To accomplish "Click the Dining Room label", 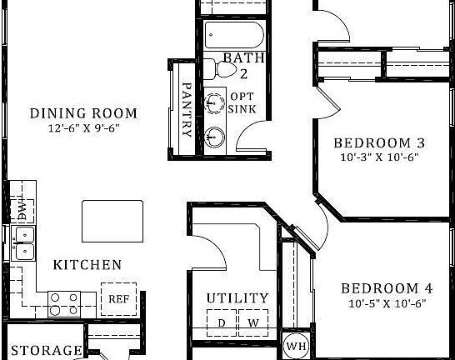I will pos(83,113).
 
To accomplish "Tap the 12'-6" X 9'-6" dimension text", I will pos(83,129).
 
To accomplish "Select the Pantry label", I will pos(187,108).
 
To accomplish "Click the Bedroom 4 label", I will pos(387,288).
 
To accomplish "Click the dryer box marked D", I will pos(221,321).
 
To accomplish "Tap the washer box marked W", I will pos(252,321).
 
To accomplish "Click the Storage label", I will pos(46,351).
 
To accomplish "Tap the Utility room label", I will pos(237,297).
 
